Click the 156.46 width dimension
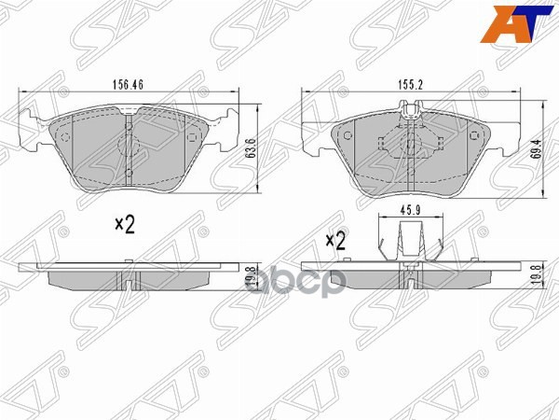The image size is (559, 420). point(129,83)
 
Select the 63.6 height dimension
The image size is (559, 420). point(251,148)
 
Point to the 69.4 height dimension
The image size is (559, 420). point(535,149)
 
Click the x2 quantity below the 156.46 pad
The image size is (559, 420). point(125,224)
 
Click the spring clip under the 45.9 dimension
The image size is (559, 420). point(411,244)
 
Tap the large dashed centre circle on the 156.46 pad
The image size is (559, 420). point(129,146)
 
